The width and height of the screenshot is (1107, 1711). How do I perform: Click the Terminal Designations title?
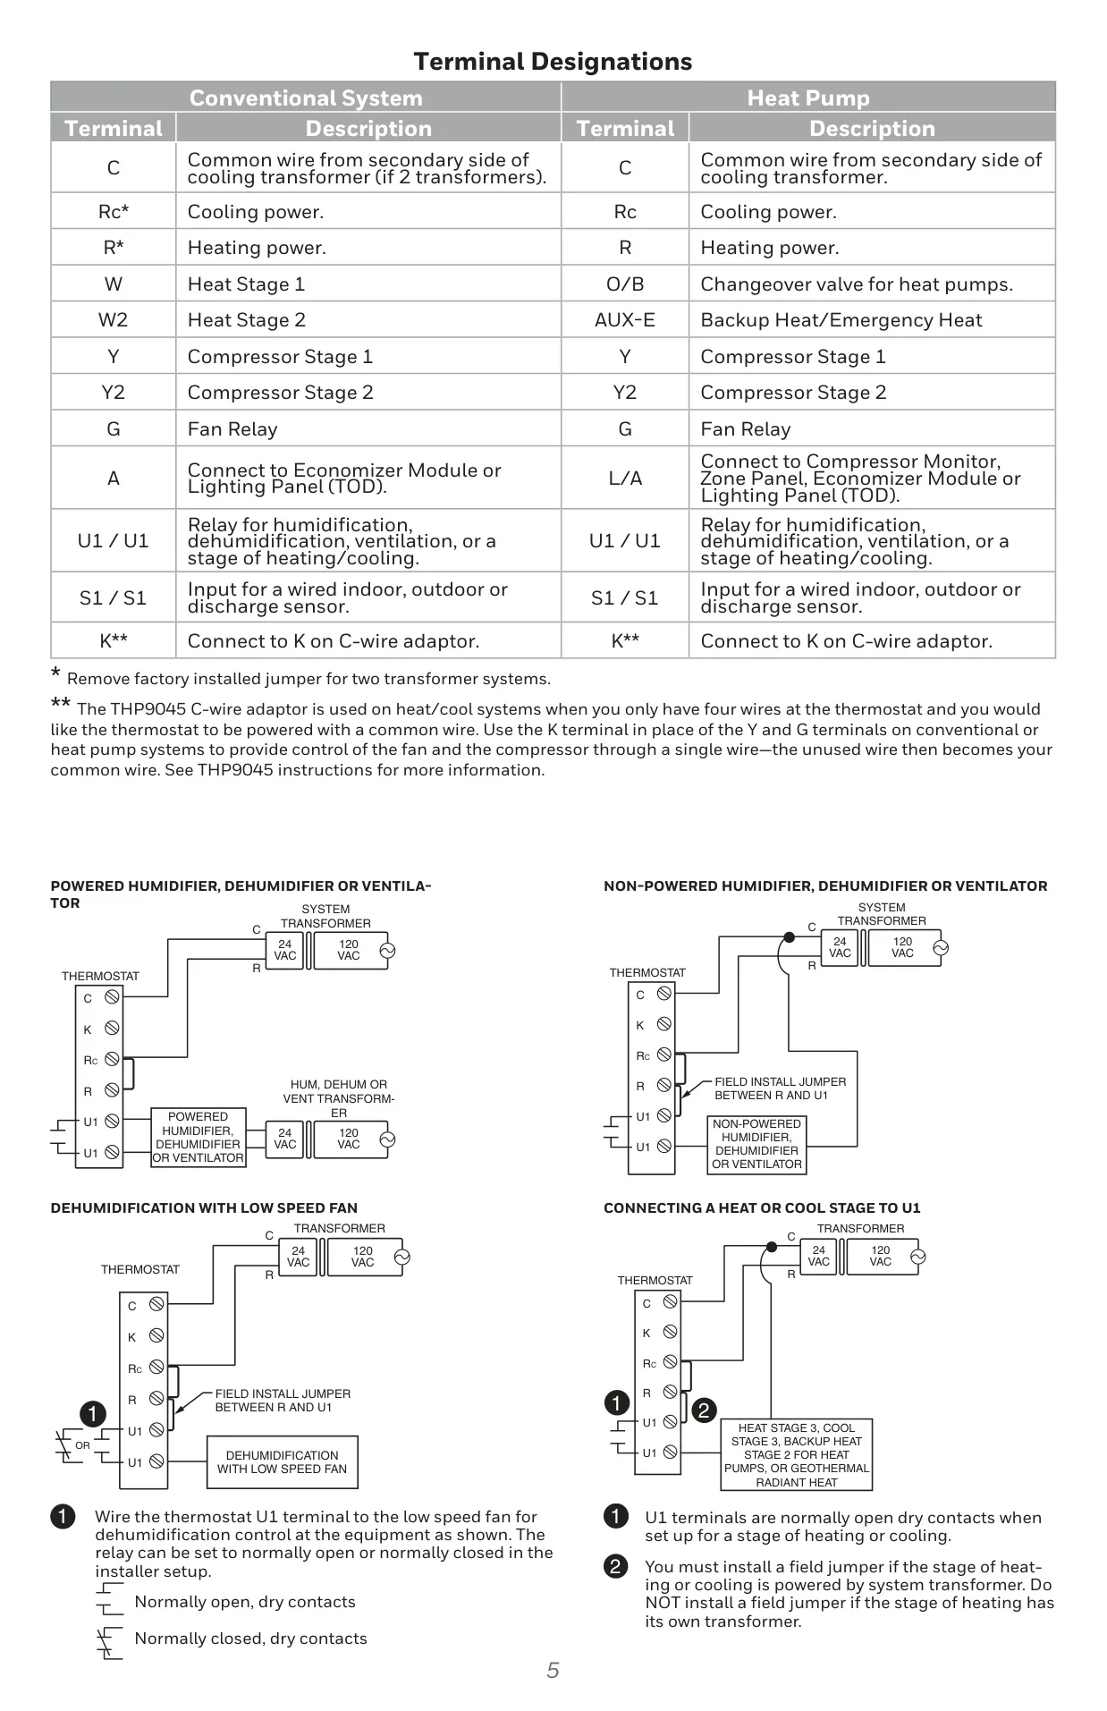coord(553,62)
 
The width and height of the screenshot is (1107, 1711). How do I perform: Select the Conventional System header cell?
coord(306,97)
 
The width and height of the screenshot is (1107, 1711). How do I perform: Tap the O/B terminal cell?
coord(625,284)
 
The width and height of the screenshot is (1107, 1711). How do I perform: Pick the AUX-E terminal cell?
coord(625,319)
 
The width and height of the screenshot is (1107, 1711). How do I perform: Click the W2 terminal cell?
coord(114,319)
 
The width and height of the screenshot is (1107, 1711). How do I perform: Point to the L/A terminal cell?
coord(625,478)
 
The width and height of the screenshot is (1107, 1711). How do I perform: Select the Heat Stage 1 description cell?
coord(368,284)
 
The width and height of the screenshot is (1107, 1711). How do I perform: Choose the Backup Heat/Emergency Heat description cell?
coord(872,319)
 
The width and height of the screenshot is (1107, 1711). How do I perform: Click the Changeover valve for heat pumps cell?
coord(872,284)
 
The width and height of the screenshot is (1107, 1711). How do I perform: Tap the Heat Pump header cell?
coord(808,97)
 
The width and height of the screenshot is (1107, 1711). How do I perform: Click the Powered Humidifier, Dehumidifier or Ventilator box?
coord(198,1137)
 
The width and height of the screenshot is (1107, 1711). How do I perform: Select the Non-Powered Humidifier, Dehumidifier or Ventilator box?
coord(756,1144)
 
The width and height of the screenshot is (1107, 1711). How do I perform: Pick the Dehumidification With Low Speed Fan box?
coord(282,1462)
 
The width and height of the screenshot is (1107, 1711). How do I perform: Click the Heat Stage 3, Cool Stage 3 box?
coord(797,1455)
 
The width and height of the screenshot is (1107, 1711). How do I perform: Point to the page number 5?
coord(553,1670)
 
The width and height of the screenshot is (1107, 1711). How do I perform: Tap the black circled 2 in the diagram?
coord(704,1410)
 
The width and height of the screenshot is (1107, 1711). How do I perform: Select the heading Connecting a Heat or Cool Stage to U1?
coord(762,1207)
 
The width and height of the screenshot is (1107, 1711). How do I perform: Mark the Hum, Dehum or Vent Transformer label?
coord(339,1098)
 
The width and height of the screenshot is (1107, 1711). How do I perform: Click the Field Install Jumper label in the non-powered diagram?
coord(780,1088)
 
